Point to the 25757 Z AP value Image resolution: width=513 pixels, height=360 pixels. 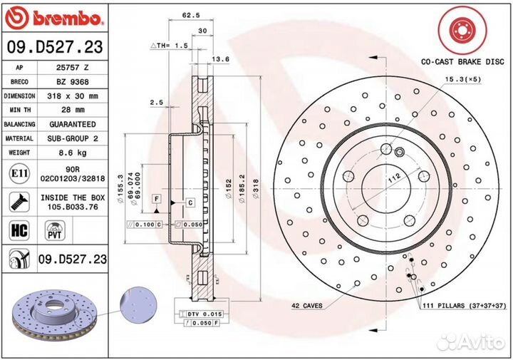69,67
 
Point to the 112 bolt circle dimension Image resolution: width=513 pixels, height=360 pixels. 392,182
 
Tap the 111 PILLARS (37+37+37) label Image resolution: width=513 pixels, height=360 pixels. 463,304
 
